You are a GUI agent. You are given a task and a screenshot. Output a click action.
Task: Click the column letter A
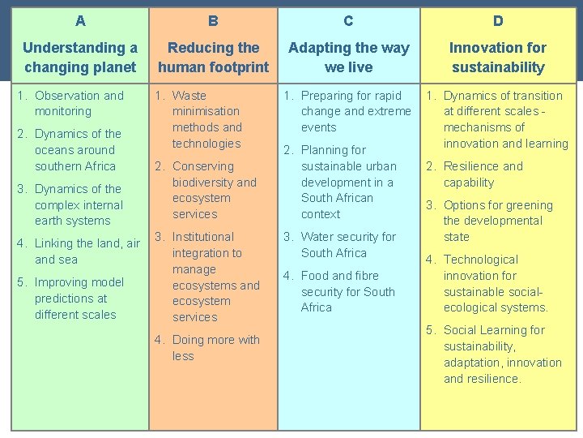point(79,20)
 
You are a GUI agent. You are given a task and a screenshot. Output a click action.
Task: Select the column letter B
point(213,20)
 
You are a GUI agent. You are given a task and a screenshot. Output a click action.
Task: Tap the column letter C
point(348,20)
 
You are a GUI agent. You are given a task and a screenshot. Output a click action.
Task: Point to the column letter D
point(498,20)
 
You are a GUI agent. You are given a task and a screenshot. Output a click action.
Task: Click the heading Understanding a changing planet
point(79,58)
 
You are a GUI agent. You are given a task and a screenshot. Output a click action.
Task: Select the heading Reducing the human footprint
point(213,58)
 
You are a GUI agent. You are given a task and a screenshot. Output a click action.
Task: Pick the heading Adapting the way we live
point(348,58)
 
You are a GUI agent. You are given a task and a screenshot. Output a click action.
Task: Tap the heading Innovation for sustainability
point(498,58)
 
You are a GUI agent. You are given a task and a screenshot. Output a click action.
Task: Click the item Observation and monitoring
point(79,103)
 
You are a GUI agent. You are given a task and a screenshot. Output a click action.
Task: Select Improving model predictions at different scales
point(79,298)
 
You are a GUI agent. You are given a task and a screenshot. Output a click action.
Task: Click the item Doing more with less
point(215,348)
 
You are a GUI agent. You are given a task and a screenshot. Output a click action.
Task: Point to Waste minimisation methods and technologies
point(206,119)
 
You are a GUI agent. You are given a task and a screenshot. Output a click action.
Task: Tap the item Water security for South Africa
point(348,245)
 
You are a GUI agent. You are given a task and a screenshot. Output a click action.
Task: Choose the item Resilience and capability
point(483,174)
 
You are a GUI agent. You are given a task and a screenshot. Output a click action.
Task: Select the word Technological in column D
point(481,260)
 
